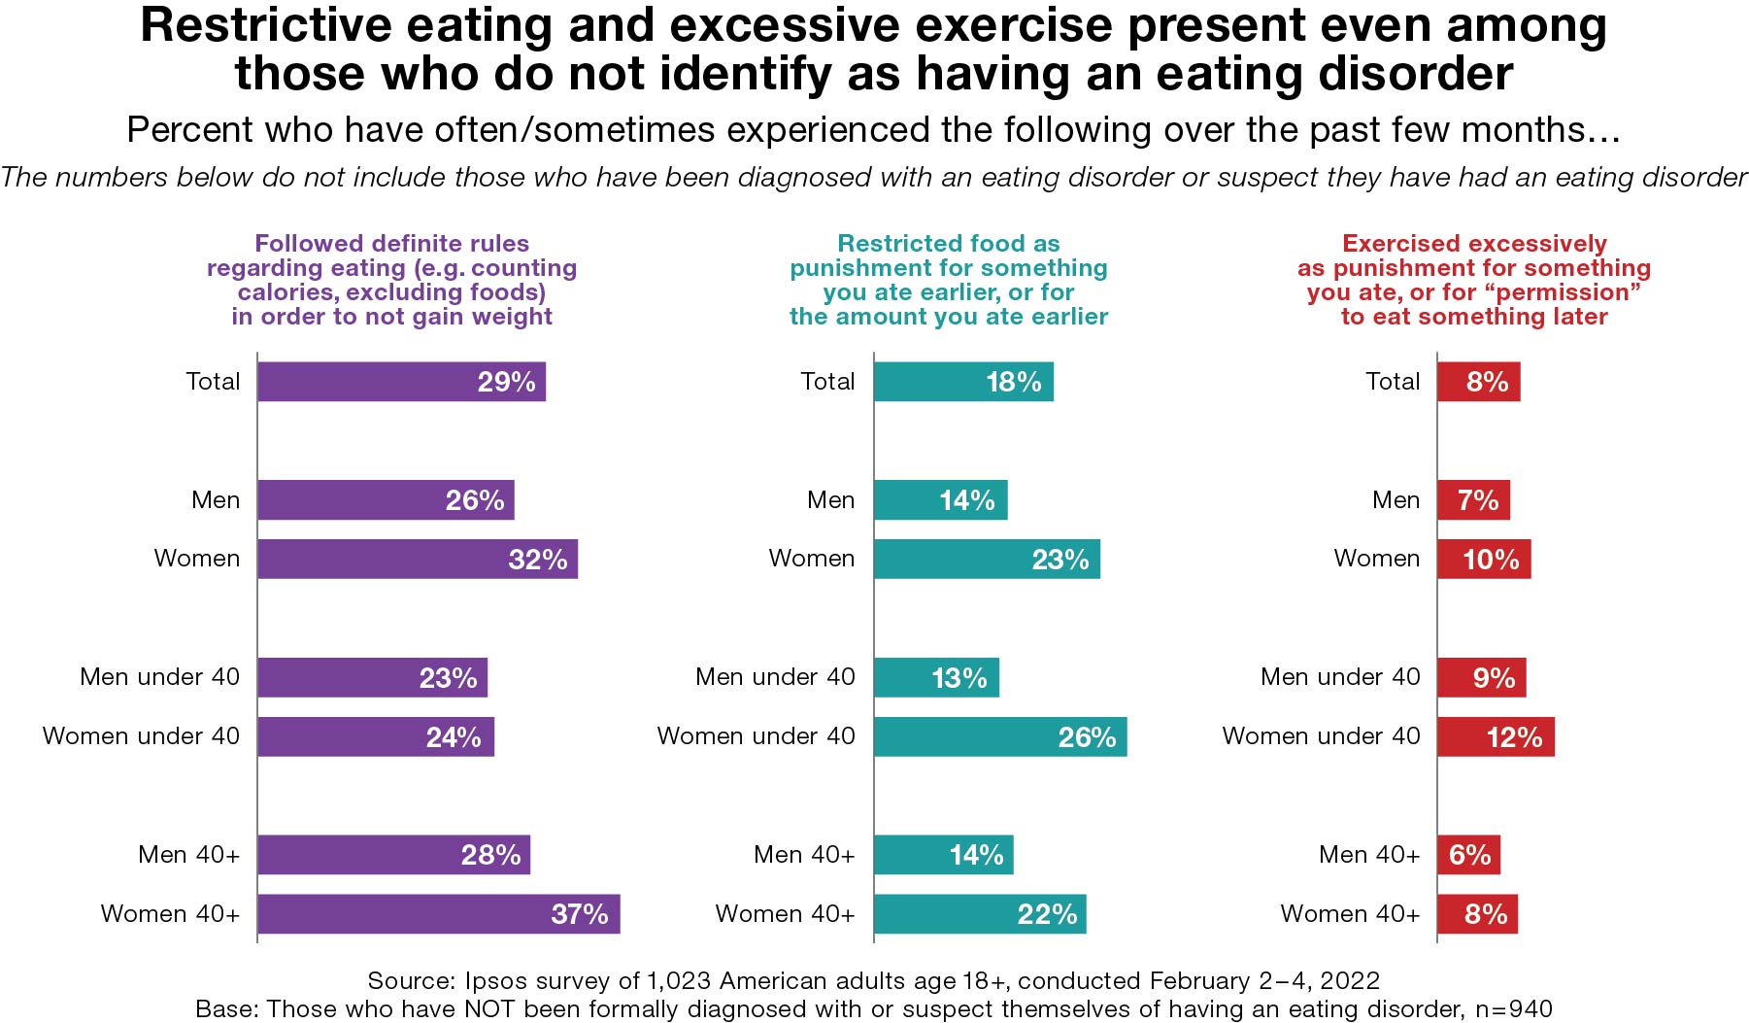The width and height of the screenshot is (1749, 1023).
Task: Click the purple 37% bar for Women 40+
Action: pyautogui.click(x=438, y=914)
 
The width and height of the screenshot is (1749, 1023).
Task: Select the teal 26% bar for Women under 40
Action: pyautogui.click(x=999, y=736)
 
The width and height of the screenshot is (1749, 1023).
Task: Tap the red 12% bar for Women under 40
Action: pyautogui.click(x=1496, y=736)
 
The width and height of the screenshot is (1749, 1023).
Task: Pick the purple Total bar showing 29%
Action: pyautogui.click(x=401, y=382)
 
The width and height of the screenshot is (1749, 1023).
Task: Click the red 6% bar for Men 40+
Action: pyautogui.click(x=1468, y=855)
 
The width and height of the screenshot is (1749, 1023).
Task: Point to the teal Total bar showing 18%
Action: pyautogui.click(x=962, y=382)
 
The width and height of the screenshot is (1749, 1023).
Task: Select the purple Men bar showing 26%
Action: pyautogui.click(x=386, y=500)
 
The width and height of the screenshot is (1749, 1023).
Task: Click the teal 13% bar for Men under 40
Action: pyautogui.click(x=935, y=677)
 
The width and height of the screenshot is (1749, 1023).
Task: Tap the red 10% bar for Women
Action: pyautogui.click(x=1484, y=560)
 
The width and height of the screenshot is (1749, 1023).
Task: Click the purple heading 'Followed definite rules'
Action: pyautogui.click(x=391, y=243)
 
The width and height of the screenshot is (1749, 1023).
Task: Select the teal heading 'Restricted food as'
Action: pyautogui.click(x=948, y=243)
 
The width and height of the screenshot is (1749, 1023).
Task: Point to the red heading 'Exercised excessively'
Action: pyautogui.click(x=1474, y=243)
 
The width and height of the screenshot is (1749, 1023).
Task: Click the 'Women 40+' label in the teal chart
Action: pyautogui.click(x=785, y=914)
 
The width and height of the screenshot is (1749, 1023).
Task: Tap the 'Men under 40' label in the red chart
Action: pyautogui.click(x=1339, y=677)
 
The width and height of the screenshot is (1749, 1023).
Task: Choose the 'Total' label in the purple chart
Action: pyautogui.click(x=213, y=382)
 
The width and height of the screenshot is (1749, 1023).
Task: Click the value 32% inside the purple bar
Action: pyautogui.click(x=537, y=560)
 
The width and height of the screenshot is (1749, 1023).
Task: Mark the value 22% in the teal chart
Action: pyautogui.click(x=1047, y=914)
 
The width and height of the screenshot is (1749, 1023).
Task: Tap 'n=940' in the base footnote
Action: pyautogui.click(x=1513, y=1009)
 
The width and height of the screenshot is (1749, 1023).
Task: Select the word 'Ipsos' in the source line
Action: pyautogui.click(x=495, y=980)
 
